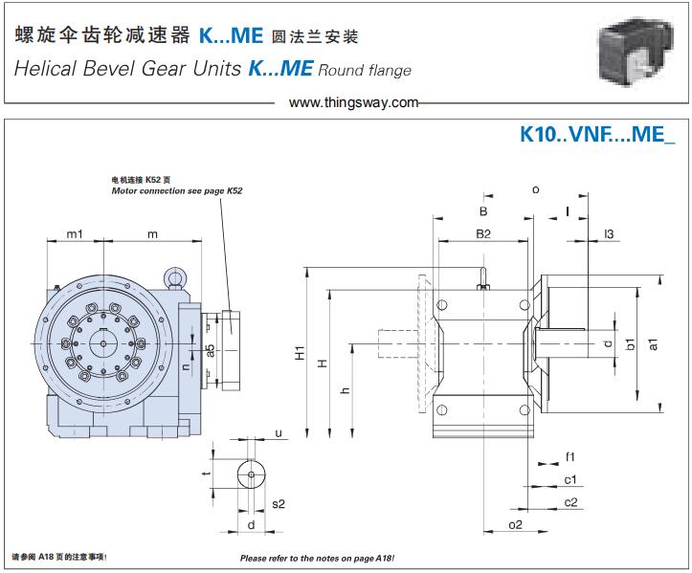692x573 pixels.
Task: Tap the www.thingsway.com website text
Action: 353,102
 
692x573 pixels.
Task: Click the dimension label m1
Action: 75,234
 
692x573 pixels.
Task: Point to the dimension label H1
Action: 299,354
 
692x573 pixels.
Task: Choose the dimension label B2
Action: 483,232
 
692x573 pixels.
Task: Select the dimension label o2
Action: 515,525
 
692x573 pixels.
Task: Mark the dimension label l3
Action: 609,232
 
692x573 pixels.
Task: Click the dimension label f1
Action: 569,455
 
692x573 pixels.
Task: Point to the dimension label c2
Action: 570,502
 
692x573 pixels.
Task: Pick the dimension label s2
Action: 279,503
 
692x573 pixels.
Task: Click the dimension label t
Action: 206,474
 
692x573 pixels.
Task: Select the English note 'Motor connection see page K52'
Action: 177,191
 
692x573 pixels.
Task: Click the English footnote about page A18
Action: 317,558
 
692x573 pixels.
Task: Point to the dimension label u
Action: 279,433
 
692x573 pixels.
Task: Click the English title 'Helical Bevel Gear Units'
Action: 126,69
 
